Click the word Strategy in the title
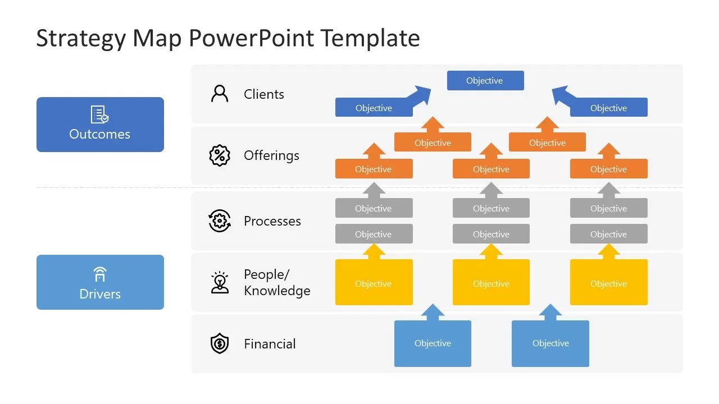click(80, 39)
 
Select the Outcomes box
click(100, 125)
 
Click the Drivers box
click(100, 282)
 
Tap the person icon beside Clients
click(220, 94)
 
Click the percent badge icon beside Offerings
click(220, 155)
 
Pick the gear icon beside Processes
click(220, 221)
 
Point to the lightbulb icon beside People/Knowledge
click(220, 282)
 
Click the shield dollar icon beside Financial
click(220, 343)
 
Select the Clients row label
click(264, 94)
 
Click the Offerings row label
click(271, 156)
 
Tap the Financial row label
click(270, 344)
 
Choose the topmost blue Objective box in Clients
click(485, 80)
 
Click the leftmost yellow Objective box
click(374, 282)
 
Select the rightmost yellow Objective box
click(608, 282)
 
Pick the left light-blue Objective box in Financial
click(433, 343)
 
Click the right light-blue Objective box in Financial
click(550, 343)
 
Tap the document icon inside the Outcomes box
click(99, 114)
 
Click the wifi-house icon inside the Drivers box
click(100, 274)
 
